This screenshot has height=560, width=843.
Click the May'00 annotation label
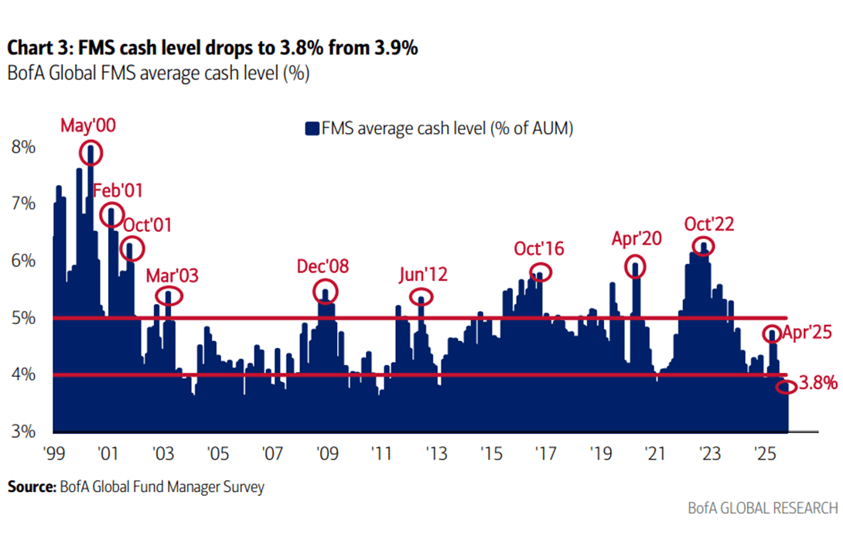pos(88,125)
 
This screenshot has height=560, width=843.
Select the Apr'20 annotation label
pos(637,238)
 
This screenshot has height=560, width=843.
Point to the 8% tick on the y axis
pos(23,147)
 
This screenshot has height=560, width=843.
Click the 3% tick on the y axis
pos(23,431)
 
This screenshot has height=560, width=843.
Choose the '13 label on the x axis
pos(436,453)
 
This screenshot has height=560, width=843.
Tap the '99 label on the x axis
pos(54,453)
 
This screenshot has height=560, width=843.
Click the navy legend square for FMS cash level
pos(312,128)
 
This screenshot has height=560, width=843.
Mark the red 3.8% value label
pos(818,383)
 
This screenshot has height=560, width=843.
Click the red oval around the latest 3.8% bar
pos(776,387)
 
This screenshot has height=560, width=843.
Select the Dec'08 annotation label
pos(323,266)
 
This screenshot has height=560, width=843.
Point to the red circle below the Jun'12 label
pos(410,297)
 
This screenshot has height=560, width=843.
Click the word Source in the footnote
pos(32,487)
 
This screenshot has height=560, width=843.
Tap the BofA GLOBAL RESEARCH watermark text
pos(763,508)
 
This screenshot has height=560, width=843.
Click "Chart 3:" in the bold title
pos(39,48)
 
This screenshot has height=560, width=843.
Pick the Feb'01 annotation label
pos(118,190)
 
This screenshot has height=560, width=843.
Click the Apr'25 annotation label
pos(807,333)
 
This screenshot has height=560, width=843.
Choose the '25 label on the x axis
pos(765,453)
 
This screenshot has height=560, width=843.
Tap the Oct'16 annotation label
pos(539,248)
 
